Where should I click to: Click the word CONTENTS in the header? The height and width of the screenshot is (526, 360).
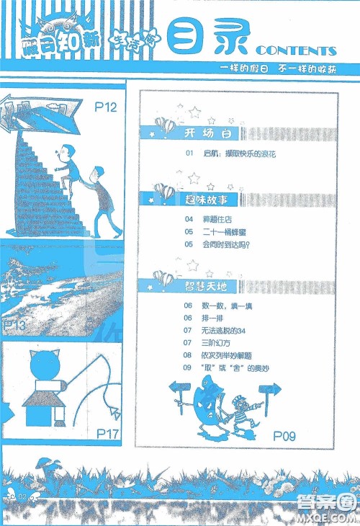(x=295, y=51)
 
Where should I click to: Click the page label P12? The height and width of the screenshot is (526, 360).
(x=106, y=108)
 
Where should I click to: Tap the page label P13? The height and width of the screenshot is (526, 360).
(x=14, y=326)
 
